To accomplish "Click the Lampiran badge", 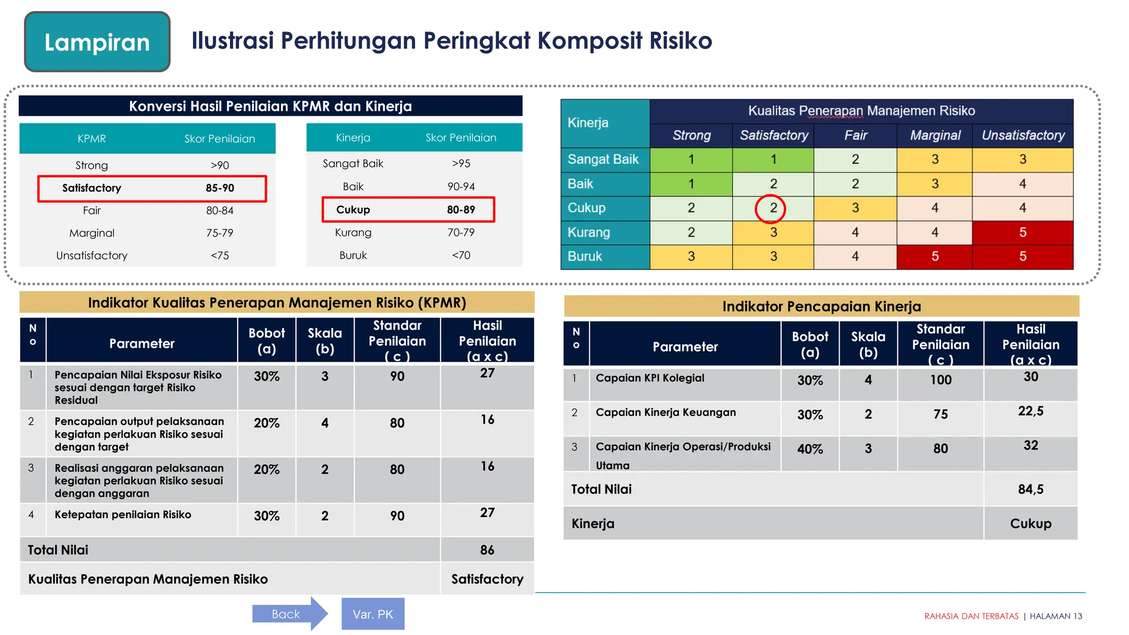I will pyautogui.click(x=97, y=42).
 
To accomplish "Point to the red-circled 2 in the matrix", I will pyautogui.click(x=773, y=208).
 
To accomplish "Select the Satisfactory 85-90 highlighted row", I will pyautogui.click(x=152, y=188).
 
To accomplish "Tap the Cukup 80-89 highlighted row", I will pyautogui.click(x=408, y=209).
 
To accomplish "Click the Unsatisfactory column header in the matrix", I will pyautogui.click(x=1023, y=136).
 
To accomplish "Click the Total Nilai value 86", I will pyautogui.click(x=487, y=550).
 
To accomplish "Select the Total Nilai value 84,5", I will pyautogui.click(x=1030, y=489).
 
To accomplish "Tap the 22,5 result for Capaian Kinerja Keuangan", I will pyautogui.click(x=1030, y=411).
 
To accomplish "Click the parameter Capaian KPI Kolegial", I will pyautogui.click(x=650, y=378).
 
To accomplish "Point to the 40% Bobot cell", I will pyautogui.click(x=810, y=449).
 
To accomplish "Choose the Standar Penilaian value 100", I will pyautogui.click(x=940, y=380).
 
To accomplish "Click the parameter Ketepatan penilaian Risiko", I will pyautogui.click(x=123, y=515).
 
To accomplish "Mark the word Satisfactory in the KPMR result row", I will pyautogui.click(x=487, y=579).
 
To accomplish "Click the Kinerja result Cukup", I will pyautogui.click(x=1030, y=523).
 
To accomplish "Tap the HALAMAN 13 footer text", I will pyautogui.click(x=1055, y=616).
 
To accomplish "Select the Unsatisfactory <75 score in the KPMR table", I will pyautogui.click(x=219, y=256).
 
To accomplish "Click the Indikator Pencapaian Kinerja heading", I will pyautogui.click(x=821, y=306).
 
